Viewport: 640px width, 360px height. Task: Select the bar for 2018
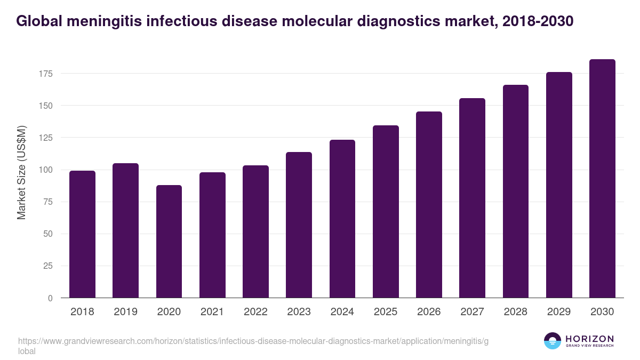[82, 234]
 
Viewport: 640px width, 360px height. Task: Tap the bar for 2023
[299, 225]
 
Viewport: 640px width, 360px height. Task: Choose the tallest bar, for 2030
[602, 179]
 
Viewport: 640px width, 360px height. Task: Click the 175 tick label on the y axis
[46, 74]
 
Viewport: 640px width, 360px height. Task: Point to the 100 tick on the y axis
[46, 170]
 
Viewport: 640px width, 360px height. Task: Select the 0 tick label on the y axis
[51, 298]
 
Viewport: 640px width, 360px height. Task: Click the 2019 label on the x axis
[125, 312]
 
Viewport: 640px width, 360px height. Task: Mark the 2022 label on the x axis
[255, 312]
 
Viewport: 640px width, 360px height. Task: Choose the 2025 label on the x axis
[386, 312]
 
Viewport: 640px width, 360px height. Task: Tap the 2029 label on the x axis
[559, 312]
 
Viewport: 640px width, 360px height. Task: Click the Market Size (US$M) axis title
[21, 173]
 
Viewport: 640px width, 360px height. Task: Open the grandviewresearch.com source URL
[253, 341]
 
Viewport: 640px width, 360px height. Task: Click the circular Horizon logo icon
[553, 341]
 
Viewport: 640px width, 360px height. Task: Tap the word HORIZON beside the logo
[589, 339]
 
